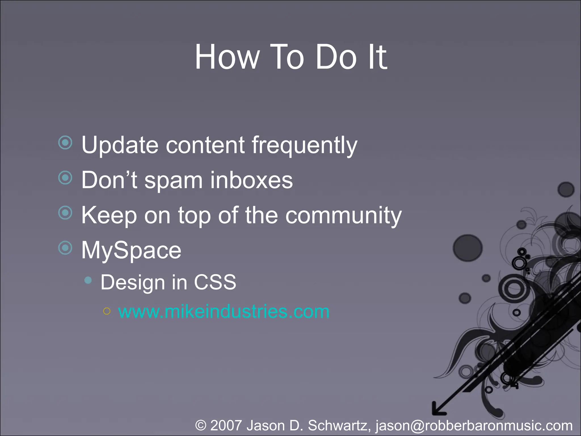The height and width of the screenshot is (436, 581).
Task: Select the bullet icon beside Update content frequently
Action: [66, 142]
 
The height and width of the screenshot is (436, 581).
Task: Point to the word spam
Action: [173, 181]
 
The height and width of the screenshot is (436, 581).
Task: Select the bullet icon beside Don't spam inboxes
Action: [66, 178]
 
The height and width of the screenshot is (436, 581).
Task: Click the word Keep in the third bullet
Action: [109, 216]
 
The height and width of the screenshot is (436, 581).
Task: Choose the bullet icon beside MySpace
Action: [66, 248]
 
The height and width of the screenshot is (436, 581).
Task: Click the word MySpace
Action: [131, 251]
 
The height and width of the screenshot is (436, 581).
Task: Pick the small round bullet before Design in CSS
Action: [88, 280]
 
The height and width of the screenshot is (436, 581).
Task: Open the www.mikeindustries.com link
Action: [224, 312]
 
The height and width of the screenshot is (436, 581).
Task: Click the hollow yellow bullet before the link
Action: [107, 311]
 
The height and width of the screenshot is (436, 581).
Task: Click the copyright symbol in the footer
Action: [201, 425]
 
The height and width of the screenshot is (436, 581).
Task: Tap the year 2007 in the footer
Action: [226, 425]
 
